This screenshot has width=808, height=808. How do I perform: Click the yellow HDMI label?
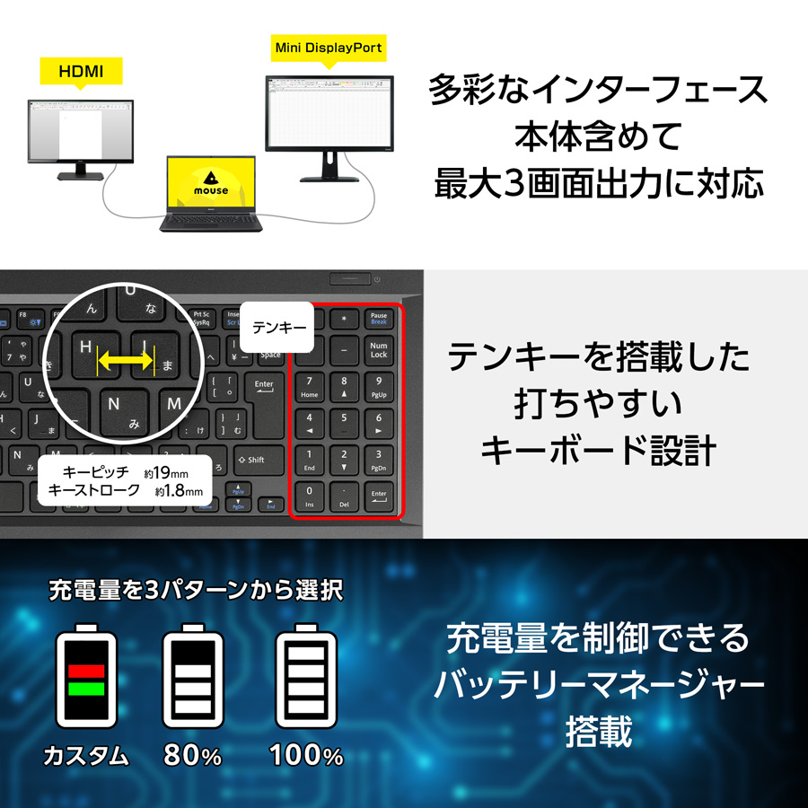(80, 69)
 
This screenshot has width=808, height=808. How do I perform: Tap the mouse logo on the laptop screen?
(210, 182)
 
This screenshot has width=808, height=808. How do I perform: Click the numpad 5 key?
(343, 423)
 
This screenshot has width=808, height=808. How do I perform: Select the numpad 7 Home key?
(311, 386)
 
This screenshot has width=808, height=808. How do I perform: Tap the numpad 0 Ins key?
(311, 496)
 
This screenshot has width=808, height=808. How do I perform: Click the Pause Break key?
(378, 318)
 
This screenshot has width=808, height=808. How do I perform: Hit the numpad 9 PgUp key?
(378, 386)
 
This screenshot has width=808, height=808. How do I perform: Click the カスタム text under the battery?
(86, 756)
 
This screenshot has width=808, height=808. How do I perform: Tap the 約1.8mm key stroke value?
(179, 491)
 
